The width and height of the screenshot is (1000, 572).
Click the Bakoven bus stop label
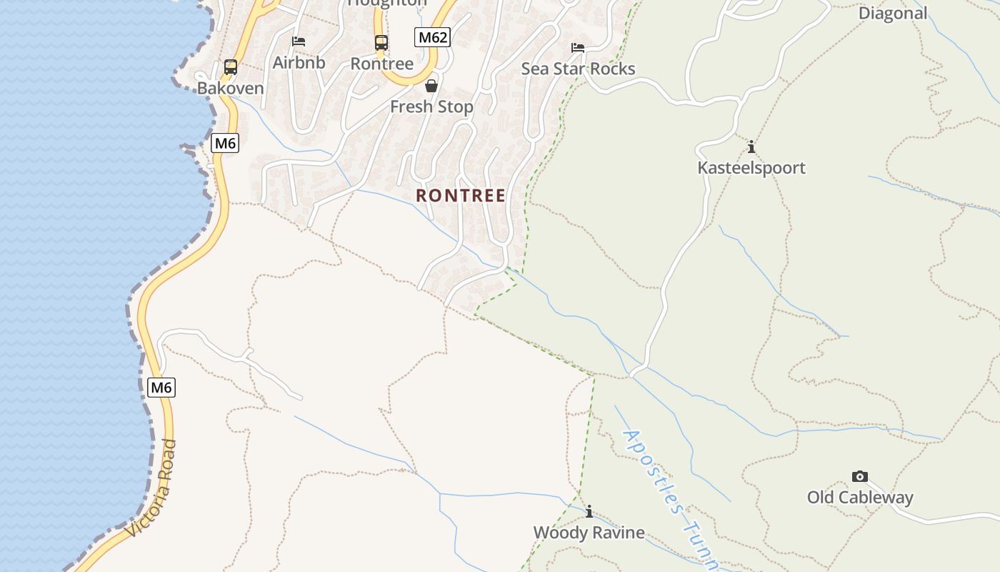click(230, 89)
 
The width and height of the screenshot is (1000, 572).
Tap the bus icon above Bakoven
click(230, 67)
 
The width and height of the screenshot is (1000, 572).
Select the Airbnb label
click(299, 63)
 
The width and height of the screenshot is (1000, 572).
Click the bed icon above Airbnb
click(299, 41)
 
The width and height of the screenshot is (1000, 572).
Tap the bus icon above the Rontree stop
click(381, 43)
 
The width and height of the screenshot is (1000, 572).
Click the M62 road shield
click(433, 37)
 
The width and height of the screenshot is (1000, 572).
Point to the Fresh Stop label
click(431, 107)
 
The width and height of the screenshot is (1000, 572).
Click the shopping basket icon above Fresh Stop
click(431, 86)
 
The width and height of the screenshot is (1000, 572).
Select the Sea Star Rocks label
click(578, 69)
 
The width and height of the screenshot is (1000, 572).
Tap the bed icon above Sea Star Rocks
click(578, 48)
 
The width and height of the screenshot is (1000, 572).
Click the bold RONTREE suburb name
click(461, 195)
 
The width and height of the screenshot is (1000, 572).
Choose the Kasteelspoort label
click(751, 168)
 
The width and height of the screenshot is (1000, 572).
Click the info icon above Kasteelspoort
click(751, 147)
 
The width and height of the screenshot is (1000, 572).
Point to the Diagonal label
click(892, 13)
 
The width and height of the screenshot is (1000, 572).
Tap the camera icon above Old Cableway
click(860, 476)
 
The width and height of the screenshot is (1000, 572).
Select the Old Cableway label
click(860, 498)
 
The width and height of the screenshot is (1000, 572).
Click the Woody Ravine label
click(589, 533)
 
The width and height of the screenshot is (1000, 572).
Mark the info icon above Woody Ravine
click(589, 512)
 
